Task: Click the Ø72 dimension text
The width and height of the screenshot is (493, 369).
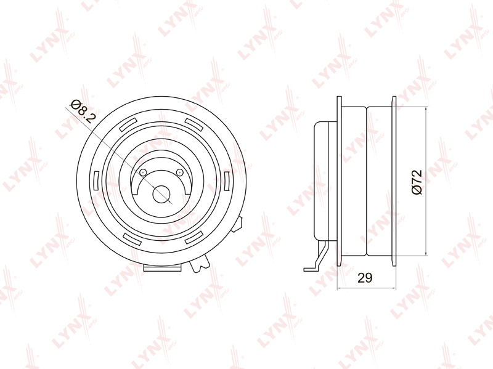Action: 417,182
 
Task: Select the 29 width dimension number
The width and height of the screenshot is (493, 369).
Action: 365,278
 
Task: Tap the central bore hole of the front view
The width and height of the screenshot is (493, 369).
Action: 161,194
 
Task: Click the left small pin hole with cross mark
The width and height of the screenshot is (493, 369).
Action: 143,172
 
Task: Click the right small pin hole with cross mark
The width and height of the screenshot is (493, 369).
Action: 180,172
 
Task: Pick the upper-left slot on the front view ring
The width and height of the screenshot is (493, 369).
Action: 128,124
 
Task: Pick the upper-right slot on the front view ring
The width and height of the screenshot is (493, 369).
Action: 194,124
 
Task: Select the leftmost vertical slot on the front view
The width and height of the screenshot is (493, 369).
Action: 97,181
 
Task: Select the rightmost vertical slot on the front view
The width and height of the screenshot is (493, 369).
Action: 227,181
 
